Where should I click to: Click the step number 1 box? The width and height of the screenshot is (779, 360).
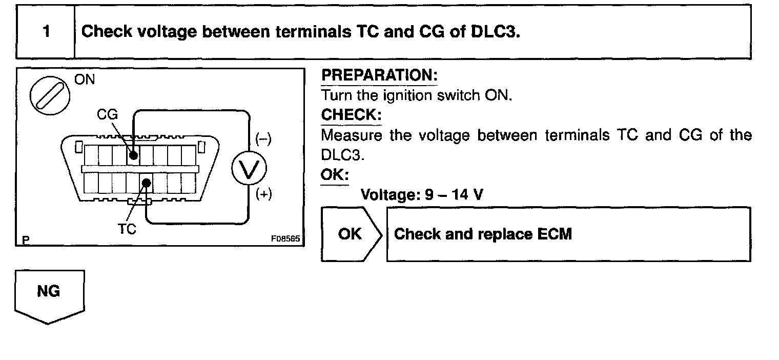click(46, 32)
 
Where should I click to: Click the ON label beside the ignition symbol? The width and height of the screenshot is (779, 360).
click(85, 81)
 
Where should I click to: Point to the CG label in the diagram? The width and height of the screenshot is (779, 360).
click(108, 115)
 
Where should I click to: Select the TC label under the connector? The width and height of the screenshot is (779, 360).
click(127, 229)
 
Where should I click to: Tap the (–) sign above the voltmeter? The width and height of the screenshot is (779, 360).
click(263, 139)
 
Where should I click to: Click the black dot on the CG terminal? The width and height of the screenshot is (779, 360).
click(133, 154)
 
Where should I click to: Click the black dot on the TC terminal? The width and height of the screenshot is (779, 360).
click(147, 182)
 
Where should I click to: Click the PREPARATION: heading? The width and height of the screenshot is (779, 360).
click(379, 76)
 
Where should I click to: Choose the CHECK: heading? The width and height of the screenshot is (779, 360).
click(351, 115)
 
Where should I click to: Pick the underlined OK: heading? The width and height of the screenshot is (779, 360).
click(334, 175)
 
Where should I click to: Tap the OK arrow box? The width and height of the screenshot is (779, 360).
click(351, 234)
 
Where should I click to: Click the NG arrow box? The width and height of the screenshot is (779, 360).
click(49, 293)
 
